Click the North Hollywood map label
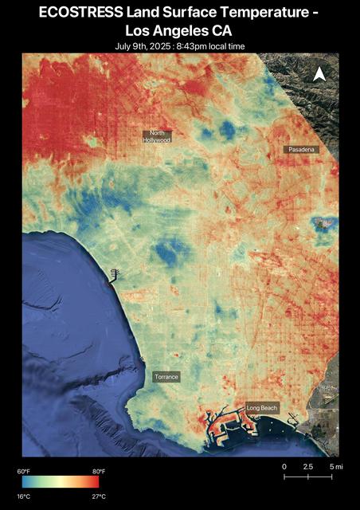point(157,136)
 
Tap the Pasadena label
point(301,150)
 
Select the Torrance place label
point(166,376)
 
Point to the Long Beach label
point(262,408)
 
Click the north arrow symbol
point(319,74)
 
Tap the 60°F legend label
point(23,471)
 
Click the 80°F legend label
point(99,471)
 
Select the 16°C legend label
point(23,496)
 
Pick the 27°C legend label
point(99,496)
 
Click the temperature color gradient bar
point(61,482)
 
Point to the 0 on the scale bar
point(284,466)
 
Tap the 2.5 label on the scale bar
point(307,466)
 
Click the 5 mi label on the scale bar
point(335,466)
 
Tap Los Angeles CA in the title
point(180,30)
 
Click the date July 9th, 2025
point(145,46)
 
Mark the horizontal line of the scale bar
point(308,477)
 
